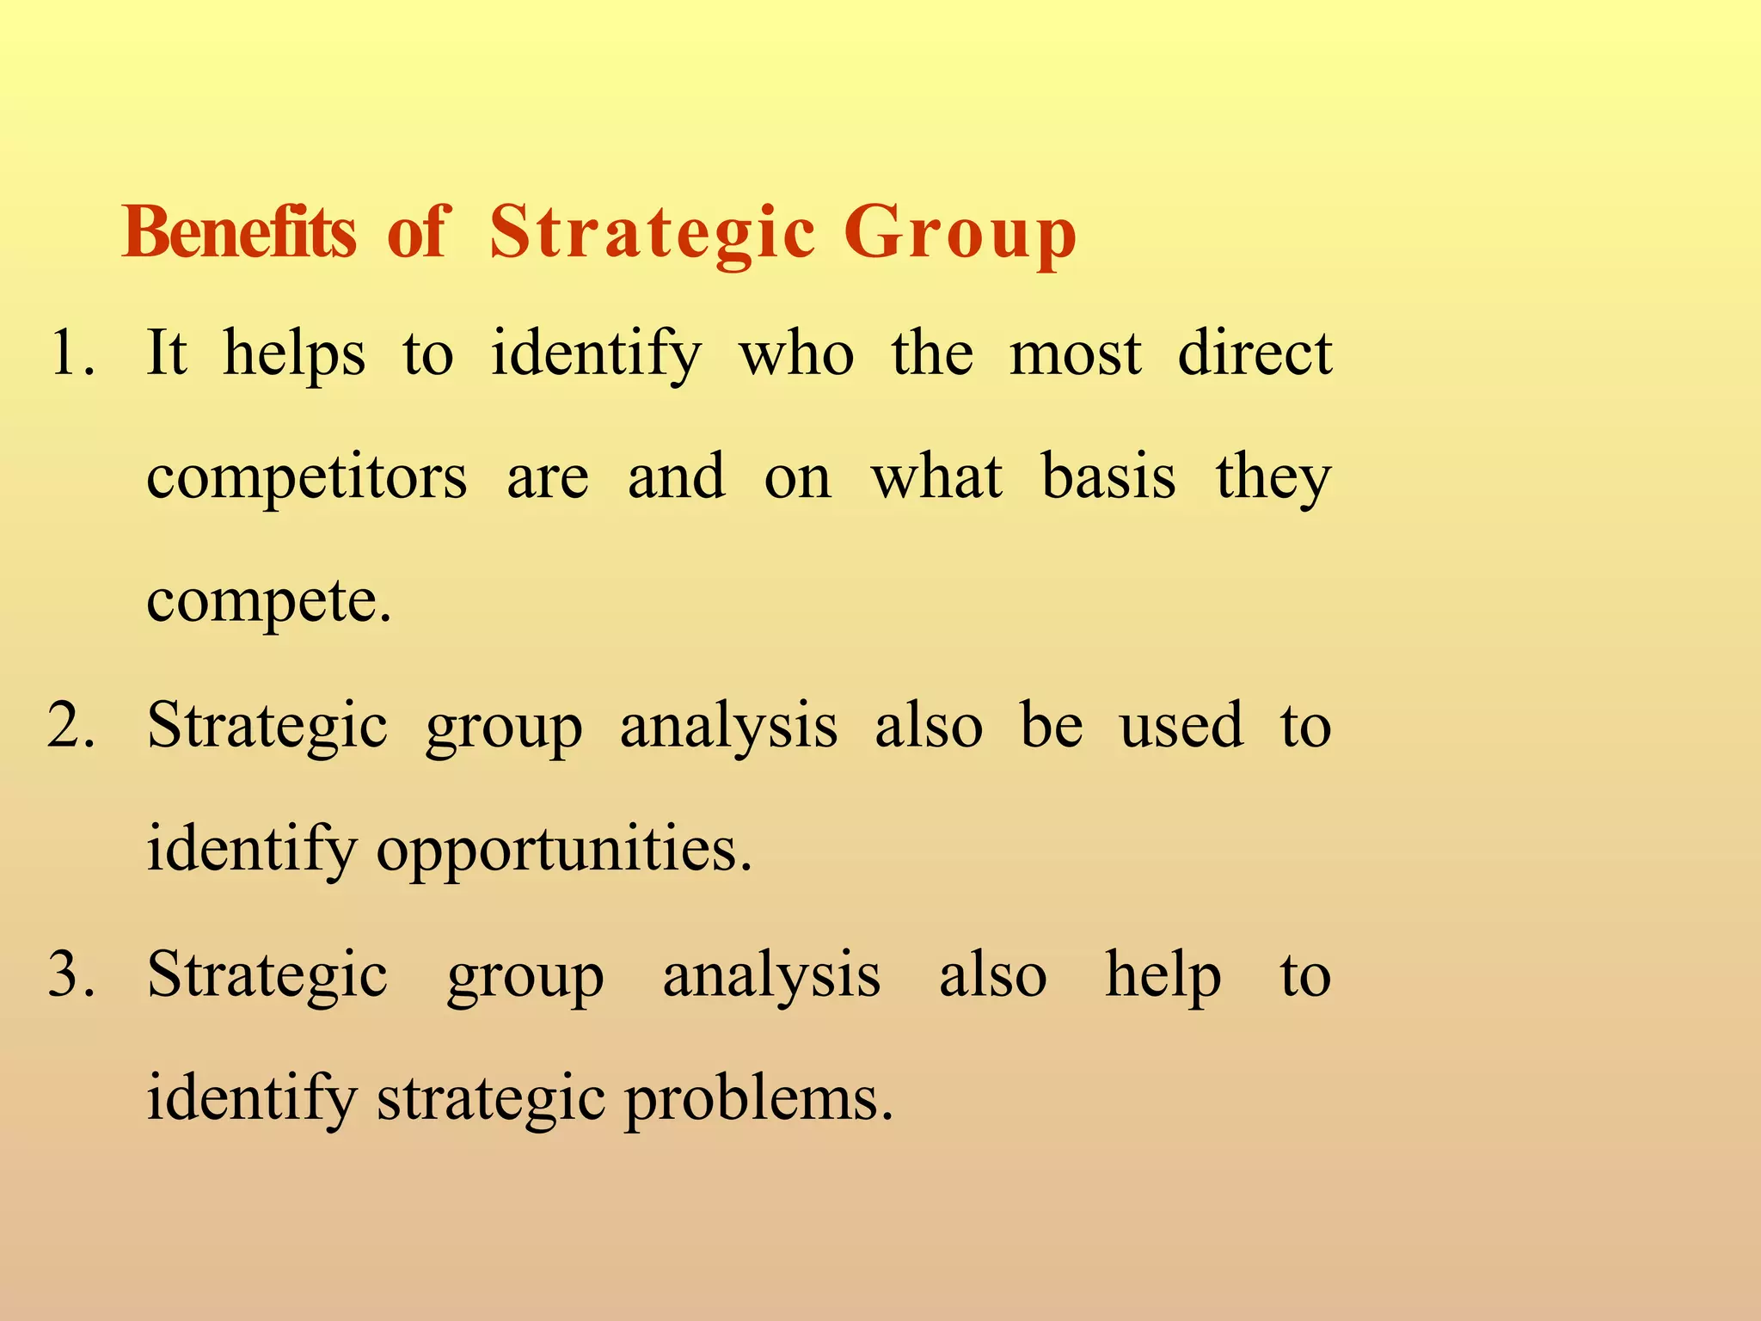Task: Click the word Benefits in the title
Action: pyautogui.click(x=239, y=233)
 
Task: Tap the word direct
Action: pyautogui.click(x=1255, y=353)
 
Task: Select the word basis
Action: pyautogui.click(x=1108, y=477)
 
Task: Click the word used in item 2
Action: pyautogui.click(x=1181, y=726)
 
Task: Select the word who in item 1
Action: pyautogui.click(x=797, y=353)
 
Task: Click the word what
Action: pyautogui.click(x=936, y=477)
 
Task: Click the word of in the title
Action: pyautogui.click(x=419, y=233)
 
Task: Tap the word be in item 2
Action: pyautogui.click(x=1051, y=726)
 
